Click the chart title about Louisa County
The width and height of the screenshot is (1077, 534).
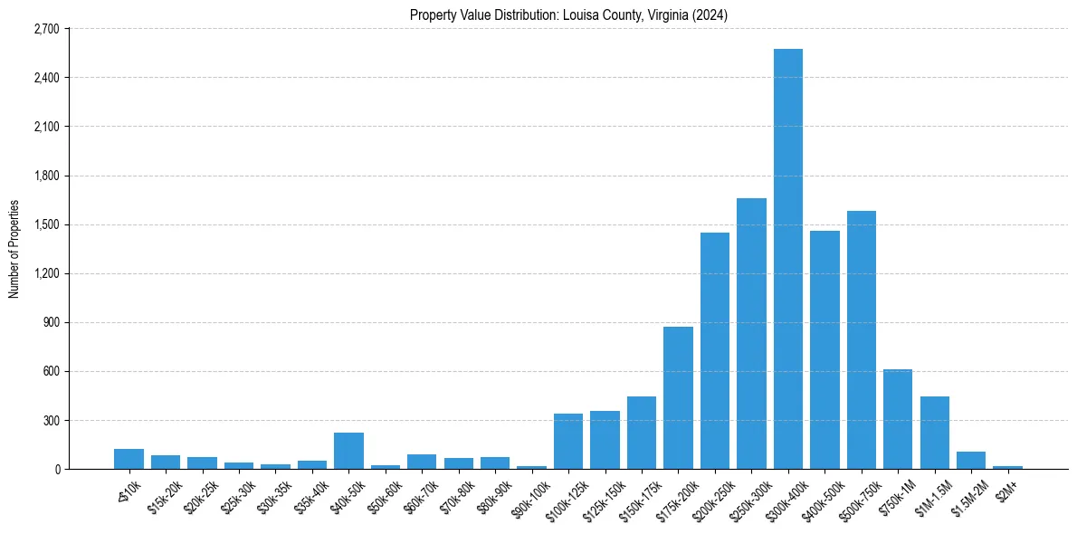point(568,15)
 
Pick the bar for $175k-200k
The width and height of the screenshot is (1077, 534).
point(678,398)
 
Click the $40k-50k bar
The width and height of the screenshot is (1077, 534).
point(348,451)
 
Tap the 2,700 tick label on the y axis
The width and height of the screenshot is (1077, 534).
point(46,29)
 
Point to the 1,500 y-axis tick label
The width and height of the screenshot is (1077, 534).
point(46,224)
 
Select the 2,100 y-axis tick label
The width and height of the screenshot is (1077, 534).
point(46,127)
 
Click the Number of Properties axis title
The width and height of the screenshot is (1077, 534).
point(14,249)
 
